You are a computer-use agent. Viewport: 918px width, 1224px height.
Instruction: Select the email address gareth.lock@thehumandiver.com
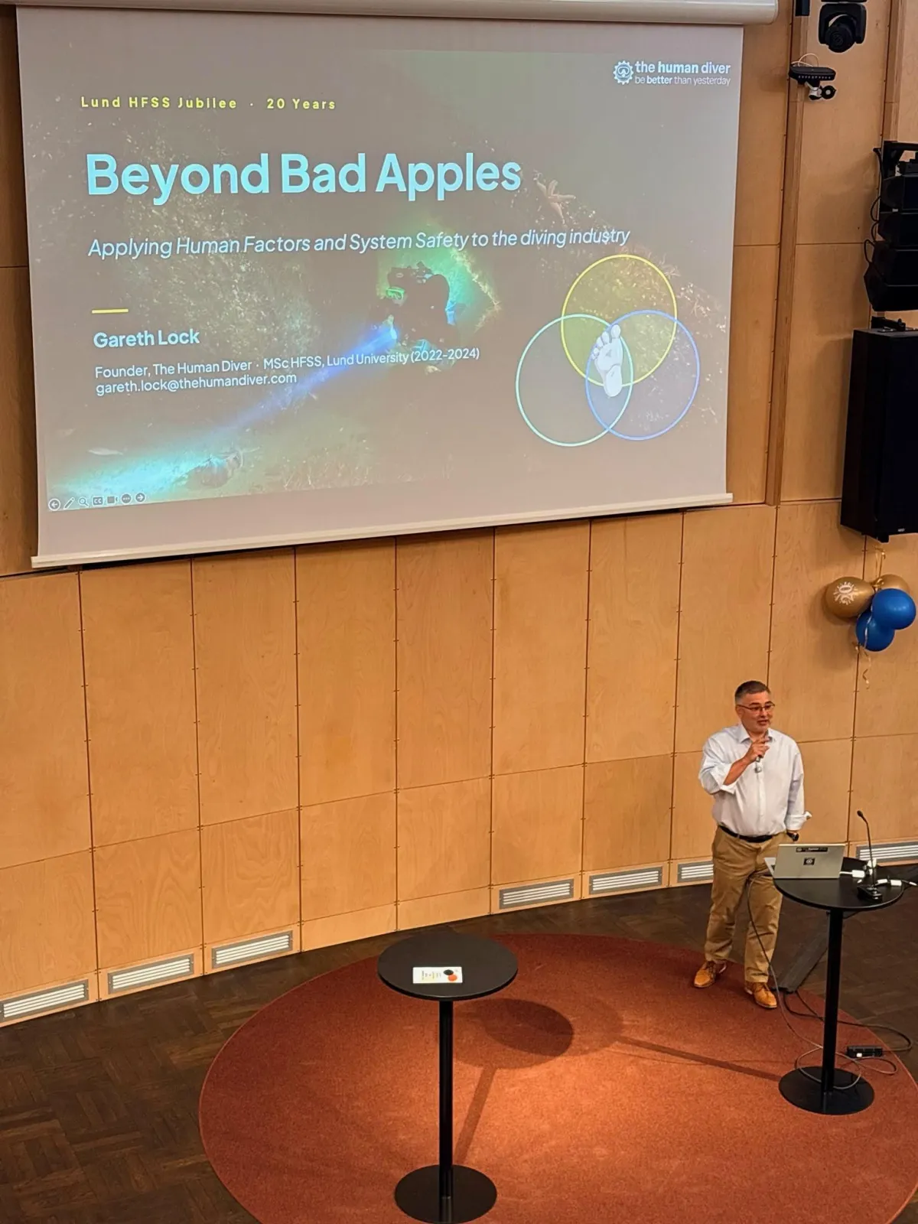pos(196,383)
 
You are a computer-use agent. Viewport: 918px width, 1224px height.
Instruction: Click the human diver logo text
pos(682,73)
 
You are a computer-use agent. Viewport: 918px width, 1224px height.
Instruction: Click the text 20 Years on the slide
pos(301,104)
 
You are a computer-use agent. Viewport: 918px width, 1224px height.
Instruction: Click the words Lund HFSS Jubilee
pos(159,103)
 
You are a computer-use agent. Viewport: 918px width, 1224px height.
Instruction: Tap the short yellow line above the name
pos(110,311)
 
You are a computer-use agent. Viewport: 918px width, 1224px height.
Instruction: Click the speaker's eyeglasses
pos(756,708)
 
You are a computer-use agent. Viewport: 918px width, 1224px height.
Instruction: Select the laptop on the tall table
pos(806,861)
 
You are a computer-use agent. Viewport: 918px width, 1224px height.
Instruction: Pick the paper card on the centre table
pos(438,975)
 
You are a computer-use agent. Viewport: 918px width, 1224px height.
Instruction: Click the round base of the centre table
pos(444,1193)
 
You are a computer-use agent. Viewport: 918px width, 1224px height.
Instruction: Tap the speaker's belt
pos(749,835)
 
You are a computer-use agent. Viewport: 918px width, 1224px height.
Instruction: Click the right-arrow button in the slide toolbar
pos(141,497)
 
